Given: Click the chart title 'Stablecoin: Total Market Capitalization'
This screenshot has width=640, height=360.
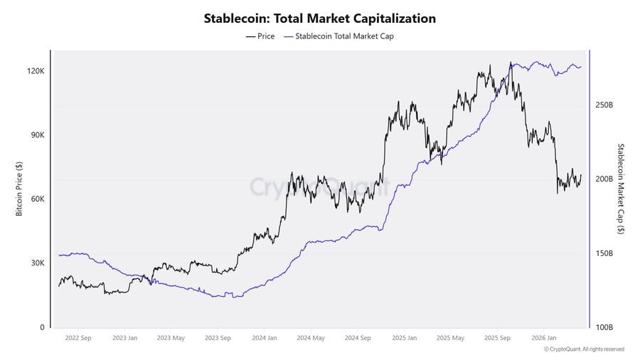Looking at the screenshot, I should point(319,18).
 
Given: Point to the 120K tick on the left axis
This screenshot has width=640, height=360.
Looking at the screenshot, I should point(36,72).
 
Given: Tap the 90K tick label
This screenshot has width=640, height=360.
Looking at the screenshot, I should point(36,135).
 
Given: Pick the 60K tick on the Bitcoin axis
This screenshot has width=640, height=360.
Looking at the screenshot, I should point(36,199).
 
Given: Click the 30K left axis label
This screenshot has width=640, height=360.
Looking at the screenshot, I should point(36,263).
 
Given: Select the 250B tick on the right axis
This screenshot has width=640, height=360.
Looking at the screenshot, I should point(604,105).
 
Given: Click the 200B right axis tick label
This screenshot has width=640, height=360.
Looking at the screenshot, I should point(604,179).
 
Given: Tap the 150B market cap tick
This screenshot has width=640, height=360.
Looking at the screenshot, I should point(604,253).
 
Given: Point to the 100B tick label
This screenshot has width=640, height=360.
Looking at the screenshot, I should point(604,327).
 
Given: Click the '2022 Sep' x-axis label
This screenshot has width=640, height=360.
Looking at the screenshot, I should point(77,338).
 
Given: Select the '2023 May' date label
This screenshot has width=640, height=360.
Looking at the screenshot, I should point(170,338).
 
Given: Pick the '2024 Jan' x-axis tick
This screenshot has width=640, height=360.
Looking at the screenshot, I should point(264,338).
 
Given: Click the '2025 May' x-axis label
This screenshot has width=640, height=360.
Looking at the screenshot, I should point(450,338).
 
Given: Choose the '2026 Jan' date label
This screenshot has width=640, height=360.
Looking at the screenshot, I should point(544,338).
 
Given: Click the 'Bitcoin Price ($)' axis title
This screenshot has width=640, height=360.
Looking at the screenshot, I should point(19,189).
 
